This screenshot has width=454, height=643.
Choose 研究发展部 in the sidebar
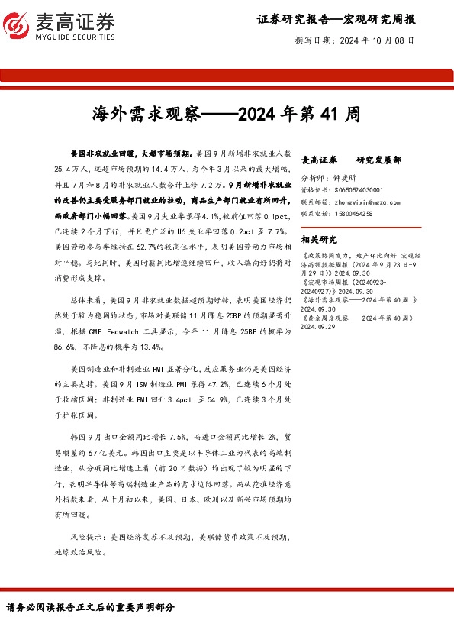coord(379,160)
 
